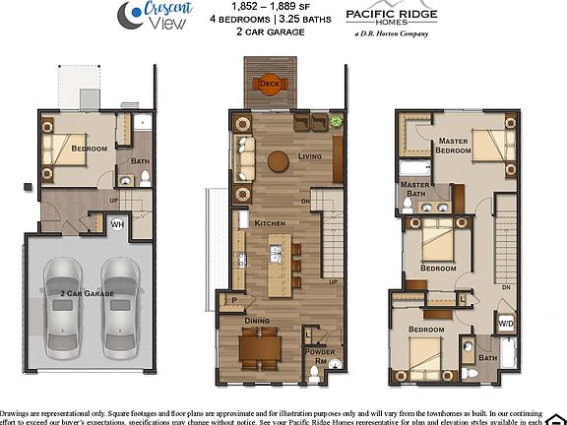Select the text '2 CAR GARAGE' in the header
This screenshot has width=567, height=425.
pyautogui.click(x=269, y=32)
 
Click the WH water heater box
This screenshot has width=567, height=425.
pyautogui.click(x=116, y=224)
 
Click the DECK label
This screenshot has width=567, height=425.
pyautogui.click(x=268, y=85)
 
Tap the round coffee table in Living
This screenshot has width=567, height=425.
pyautogui.click(x=280, y=160)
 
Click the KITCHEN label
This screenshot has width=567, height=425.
pyautogui.click(x=270, y=223)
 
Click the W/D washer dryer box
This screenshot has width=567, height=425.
pyautogui.click(x=506, y=323)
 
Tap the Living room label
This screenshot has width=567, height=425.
pyautogui.click(x=312, y=155)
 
